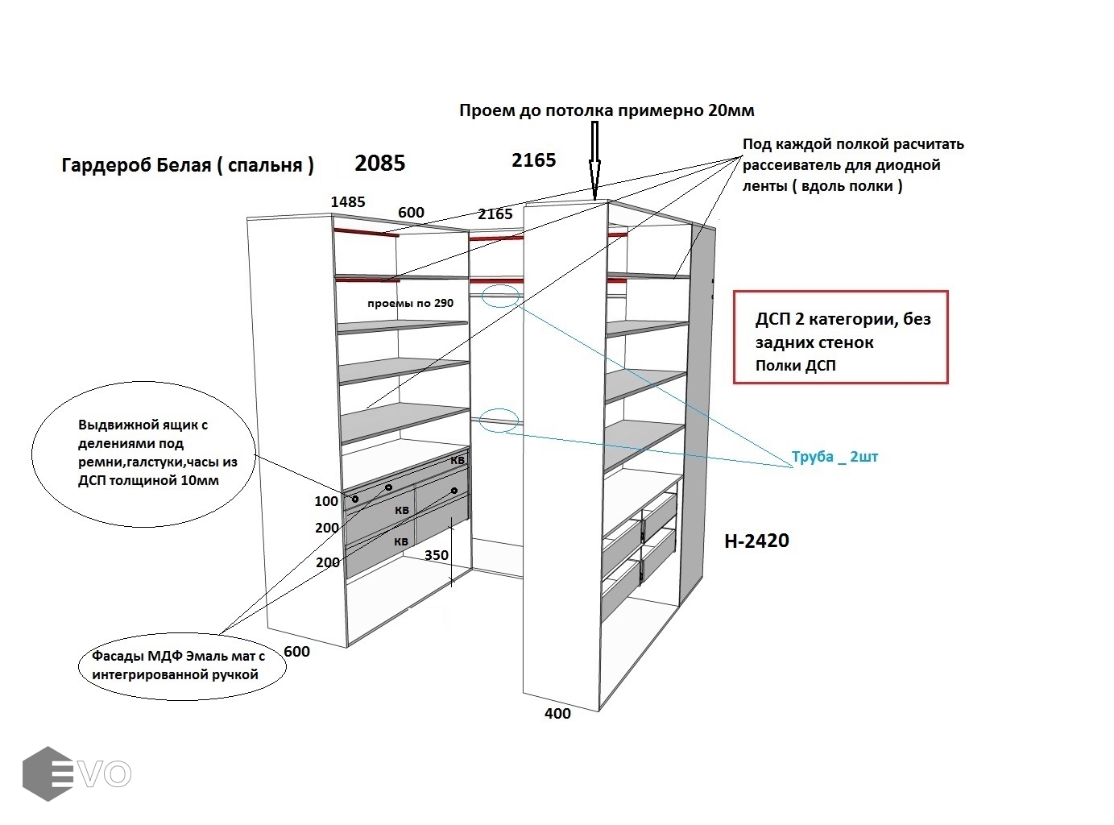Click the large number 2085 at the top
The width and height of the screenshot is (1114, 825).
(380, 164)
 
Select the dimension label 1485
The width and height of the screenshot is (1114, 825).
(347, 202)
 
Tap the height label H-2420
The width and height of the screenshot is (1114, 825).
(756, 541)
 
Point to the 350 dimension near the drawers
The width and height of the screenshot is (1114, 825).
(436, 555)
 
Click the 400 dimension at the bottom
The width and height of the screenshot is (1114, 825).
(557, 714)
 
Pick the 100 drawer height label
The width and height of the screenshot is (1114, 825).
(326, 501)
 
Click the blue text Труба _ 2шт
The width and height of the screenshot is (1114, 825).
(834, 457)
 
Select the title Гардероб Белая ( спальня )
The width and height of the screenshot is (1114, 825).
(188, 165)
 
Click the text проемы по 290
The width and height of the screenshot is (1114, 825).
(410, 304)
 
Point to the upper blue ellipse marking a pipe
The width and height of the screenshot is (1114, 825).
(499, 295)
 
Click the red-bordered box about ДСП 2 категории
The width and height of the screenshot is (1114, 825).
(840, 338)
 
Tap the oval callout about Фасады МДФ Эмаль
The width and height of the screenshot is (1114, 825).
(183, 666)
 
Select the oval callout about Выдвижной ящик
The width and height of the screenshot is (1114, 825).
(143, 455)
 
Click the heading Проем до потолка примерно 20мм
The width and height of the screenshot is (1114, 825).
(607, 110)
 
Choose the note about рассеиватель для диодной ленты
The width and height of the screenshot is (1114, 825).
(852, 165)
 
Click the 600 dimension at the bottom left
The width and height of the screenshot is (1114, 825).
(296, 652)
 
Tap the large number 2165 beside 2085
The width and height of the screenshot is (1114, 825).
(533, 160)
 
